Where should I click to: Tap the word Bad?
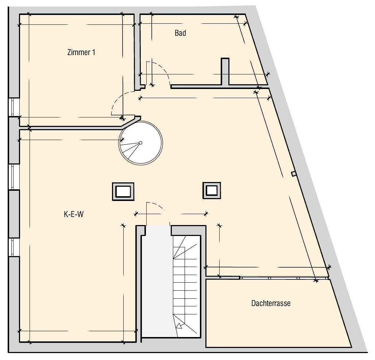(180, 33)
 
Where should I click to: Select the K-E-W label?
(74, 214)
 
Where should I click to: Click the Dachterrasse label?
(271, 303)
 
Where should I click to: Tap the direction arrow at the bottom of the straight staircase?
(179, 325)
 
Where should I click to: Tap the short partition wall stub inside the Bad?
(225, 71)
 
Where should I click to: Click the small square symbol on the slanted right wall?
(293, 174)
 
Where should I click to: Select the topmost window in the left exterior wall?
(14, 107)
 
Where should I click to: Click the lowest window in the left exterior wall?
(14, 247)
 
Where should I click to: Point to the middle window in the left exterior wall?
(14, 177)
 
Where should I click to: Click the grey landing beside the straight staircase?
(156, 281)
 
